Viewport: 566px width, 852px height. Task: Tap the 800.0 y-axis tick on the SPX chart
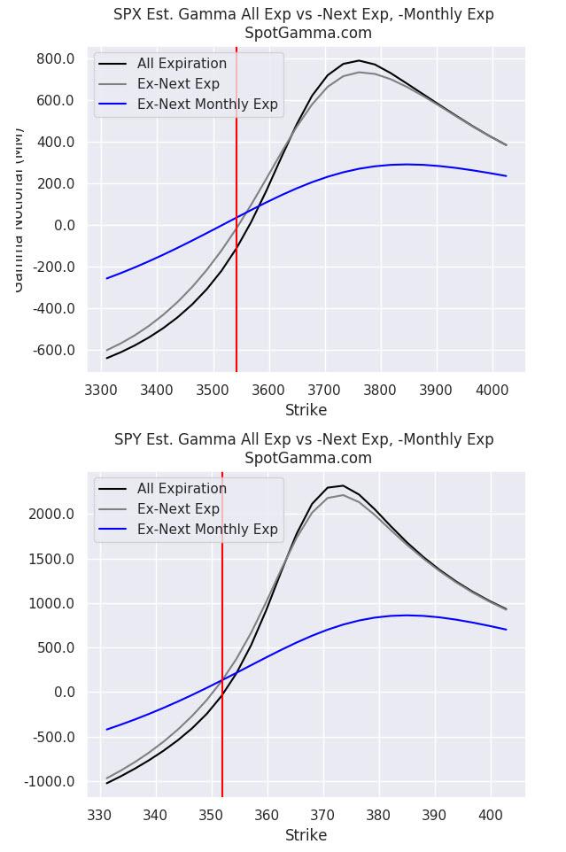click(57, 58)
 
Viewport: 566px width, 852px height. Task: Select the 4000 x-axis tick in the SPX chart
click(491, 390)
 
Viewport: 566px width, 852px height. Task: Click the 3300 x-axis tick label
click(100, 390)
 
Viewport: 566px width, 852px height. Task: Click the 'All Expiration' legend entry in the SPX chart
click(182, 64)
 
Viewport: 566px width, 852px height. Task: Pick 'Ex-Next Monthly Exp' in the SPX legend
click(207, 105)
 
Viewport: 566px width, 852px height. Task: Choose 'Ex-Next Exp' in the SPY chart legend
click(178, 509)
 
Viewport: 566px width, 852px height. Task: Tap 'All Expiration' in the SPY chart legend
click(182, 489)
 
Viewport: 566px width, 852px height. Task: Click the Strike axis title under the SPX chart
click(306, 410)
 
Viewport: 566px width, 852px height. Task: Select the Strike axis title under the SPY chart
click(306, 835)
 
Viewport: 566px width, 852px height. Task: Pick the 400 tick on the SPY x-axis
click(490, 815)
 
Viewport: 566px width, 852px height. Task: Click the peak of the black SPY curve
click(342, 485)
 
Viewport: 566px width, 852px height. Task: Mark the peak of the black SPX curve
click(359, 61)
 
